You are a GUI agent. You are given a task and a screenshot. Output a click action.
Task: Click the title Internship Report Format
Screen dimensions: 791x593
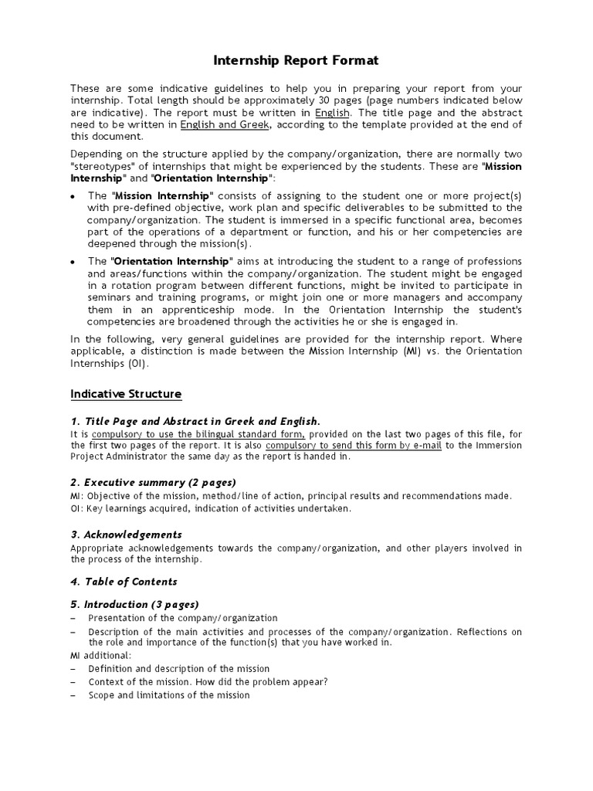pyautogui.click(x=296, y=59)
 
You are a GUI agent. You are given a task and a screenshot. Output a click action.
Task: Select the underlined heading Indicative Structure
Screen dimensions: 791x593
pyautogui.click(x=126, y=394)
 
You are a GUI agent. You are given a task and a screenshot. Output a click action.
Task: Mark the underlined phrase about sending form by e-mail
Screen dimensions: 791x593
pyautogui.click(x=354, y=446)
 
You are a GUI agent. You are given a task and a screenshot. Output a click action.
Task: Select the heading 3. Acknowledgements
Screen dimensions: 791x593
pyautogui.click(x=126, y=535)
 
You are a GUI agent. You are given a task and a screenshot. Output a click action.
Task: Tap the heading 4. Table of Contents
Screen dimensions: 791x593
pyautogui.click(x=124, y=582)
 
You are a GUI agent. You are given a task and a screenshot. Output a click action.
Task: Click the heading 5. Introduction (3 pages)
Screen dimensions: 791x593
pyautogui.click(x=134, y=605)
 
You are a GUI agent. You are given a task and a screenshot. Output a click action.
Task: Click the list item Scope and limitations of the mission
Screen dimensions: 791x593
pyautogui.click(x=169, y=695)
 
